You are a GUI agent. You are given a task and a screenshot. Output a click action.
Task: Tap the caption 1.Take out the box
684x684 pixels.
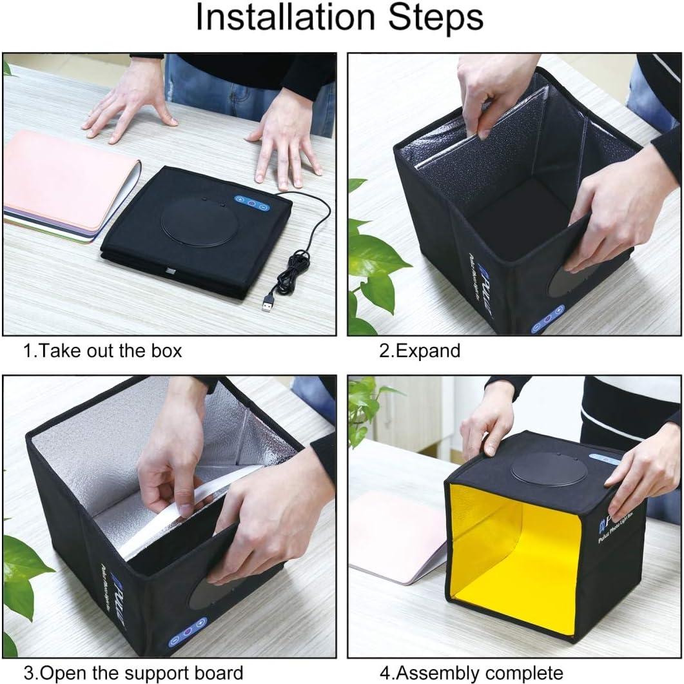[x=103, y=351]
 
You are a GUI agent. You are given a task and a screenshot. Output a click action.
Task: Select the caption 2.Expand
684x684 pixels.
[x=419, y=351]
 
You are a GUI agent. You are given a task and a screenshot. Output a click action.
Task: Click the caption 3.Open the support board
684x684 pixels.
[x=133, y=672]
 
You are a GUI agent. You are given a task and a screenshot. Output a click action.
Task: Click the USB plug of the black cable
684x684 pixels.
[x=268, y=302]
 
